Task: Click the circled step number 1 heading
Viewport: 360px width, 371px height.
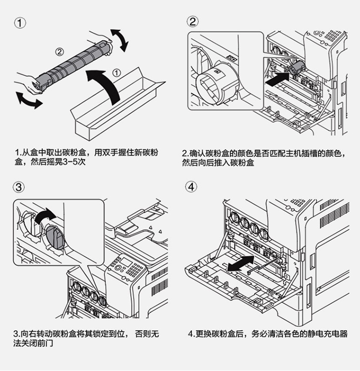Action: [x=20, y=23]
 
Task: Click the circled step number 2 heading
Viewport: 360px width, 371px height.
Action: [x=192, y=22]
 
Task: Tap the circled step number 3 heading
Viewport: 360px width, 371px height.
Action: [x=19, y=187]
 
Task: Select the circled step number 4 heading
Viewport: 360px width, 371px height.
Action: [x=191, y=186]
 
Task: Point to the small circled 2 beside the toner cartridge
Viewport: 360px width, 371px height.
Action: [x=60, y=51]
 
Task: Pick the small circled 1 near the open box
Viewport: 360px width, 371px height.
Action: [x=116, y=73]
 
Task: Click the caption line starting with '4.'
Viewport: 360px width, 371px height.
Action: [x=268, y=334]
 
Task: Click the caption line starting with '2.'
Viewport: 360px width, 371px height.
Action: [x=264, y=154]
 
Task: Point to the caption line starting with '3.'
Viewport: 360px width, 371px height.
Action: [x=86, y=334]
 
